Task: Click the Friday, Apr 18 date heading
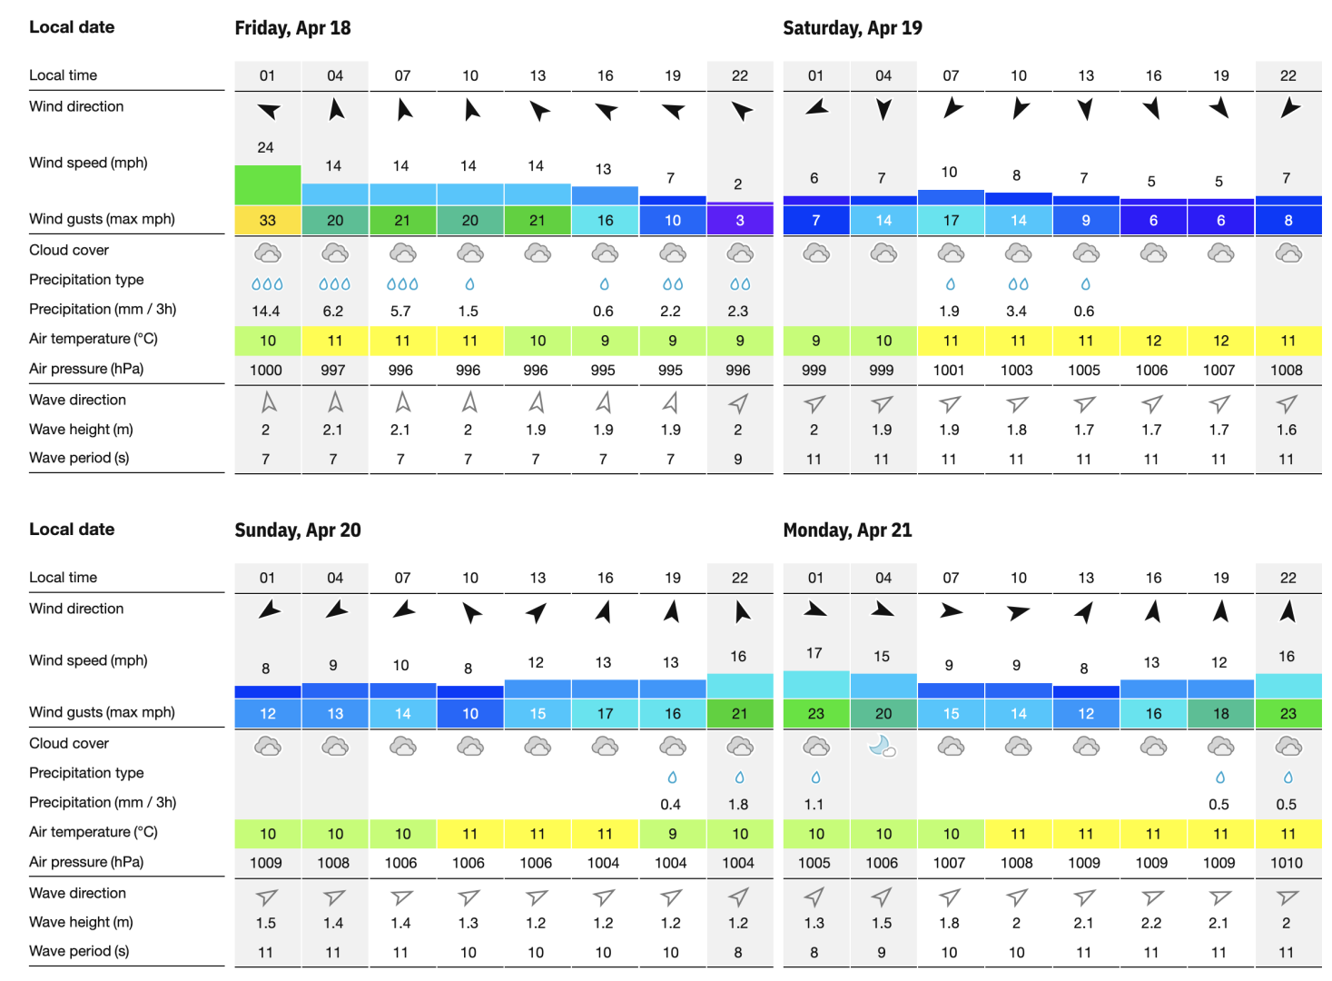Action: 292,28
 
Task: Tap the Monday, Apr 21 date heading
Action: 847,530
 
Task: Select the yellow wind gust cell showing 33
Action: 267,221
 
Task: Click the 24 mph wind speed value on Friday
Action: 265,147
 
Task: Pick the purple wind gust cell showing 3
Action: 739,221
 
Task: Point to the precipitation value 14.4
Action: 265,311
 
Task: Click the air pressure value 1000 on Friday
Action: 265,370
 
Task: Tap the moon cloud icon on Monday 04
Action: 883,747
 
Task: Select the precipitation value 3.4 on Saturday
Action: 1016,311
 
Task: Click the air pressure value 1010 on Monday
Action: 1286,863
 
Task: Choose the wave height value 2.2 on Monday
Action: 1150,923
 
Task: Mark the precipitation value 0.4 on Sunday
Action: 670,804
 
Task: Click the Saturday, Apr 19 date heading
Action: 852,28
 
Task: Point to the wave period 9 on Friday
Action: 737,460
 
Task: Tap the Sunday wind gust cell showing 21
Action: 739,714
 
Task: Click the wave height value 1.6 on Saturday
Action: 1286,430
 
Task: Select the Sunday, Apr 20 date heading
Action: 297,530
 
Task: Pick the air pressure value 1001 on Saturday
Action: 949,370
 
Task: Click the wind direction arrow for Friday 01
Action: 268,111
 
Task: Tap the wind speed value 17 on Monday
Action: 814,653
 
